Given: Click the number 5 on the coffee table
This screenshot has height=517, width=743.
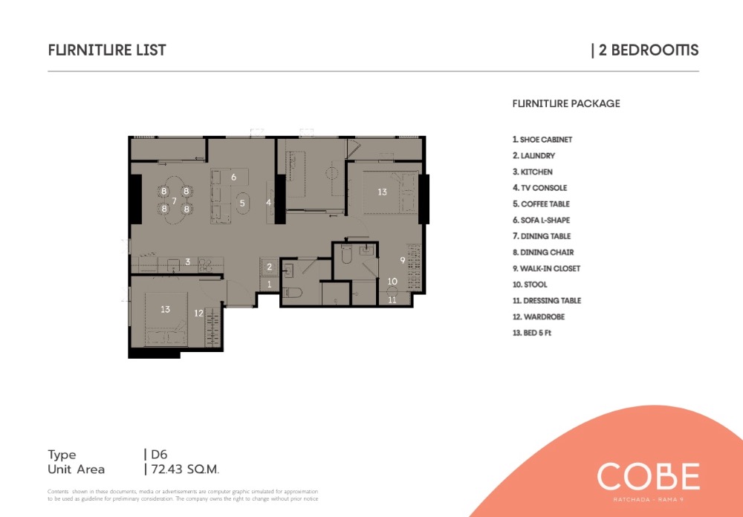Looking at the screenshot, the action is (x=242, y=204).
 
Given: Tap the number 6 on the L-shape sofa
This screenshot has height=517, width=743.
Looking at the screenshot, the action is (x=233, y=178).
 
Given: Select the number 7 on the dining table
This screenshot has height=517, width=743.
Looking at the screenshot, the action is (x=175, y=201).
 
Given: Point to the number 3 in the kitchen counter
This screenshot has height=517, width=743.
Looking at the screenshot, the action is (x=188, y=261).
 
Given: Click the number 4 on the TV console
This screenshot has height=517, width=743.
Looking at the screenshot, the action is (x=269, y=202).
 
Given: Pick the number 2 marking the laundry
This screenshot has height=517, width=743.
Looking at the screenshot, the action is (x=269, y=267).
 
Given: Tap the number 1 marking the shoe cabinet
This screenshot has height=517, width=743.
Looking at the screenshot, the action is (x=269, y=284).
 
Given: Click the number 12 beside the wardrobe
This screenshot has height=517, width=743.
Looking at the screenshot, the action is (x=198, y=313).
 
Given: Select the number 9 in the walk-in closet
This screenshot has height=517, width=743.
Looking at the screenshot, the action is (x=403, y=260).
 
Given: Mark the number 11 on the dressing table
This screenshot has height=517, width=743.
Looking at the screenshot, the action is (x=392, y=300).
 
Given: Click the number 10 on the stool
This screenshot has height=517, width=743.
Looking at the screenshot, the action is (x=392, y=282).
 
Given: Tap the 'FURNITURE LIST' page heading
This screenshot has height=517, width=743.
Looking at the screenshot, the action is (x=107, y=51).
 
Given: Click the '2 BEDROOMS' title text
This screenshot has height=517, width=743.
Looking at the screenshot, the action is (x=649, y=51).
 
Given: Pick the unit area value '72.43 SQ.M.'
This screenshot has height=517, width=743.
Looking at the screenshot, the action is (x=185, y=469).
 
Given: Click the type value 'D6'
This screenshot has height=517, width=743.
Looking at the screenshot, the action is (x=159, y=455).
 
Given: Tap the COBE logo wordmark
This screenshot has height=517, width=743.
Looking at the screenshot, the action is (x=648, y=476).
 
